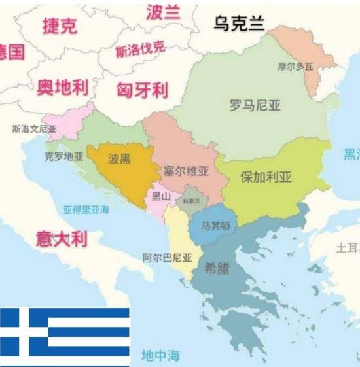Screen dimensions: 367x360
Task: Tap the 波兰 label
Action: tap(163, 11)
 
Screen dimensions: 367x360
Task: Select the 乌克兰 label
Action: tap(239, 24)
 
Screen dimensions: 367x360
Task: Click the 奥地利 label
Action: tap(63, 87)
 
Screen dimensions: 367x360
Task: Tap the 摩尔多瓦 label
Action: tap(295, 66)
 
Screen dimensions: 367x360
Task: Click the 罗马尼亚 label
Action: tap(255, 105)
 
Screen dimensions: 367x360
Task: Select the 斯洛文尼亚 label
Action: tap(34, 129)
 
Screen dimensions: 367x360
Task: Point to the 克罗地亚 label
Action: tap(64, 156)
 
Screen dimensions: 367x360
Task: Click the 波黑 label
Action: tap(119, 158)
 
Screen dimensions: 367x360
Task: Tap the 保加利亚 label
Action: tap(266, 177)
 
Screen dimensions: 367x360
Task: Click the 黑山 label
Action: tap(161, 195)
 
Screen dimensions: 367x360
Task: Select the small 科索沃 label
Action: tap(192, 201)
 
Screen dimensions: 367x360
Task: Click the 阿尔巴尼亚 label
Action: tap(167, 257)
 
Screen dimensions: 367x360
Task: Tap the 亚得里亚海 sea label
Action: tap(86, 209)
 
